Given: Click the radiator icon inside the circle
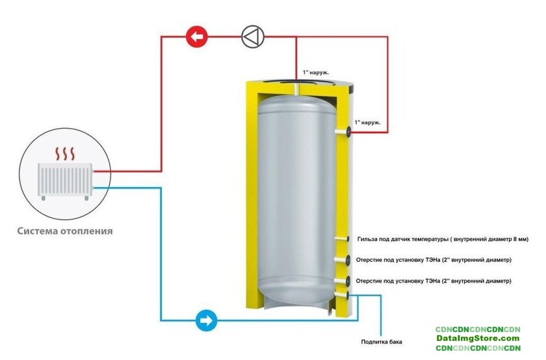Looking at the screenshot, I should coord(65,179).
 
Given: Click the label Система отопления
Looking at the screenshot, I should coord(65,231).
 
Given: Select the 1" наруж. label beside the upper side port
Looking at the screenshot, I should coord(367,122).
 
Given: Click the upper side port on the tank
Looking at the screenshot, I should coord(350,132).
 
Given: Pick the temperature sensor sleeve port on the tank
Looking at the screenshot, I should coord(349,240).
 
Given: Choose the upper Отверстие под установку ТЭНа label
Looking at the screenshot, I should coord(434,260).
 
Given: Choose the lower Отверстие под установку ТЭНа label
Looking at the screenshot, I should coord(434,281).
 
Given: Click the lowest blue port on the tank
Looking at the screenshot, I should coord(351,295).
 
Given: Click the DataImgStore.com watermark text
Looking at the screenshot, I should coord(478,338).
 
